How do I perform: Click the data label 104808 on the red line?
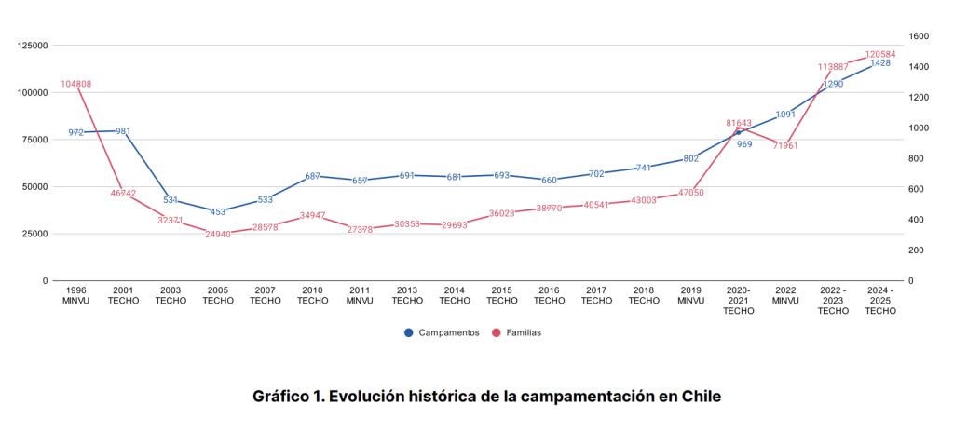coord(76,84)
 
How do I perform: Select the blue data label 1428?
coord(880,63)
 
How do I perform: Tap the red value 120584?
coord(880,54)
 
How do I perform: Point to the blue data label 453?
coord(218,211)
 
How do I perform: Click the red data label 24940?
coord(218,234)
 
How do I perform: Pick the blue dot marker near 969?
coord(739,132)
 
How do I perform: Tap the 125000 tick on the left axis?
coord(34,46)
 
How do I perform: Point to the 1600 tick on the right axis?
coord(920,36)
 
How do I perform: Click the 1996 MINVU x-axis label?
coord(76,295)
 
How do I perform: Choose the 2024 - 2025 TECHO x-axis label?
coord(880,300)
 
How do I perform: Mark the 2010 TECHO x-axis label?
coord(313,295)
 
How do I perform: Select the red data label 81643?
coord(739,123)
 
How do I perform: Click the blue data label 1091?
coord(786,115)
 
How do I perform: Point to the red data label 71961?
coord(786,146)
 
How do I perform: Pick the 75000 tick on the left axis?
coord(36,140)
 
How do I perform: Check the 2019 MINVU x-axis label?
coord(691,295)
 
